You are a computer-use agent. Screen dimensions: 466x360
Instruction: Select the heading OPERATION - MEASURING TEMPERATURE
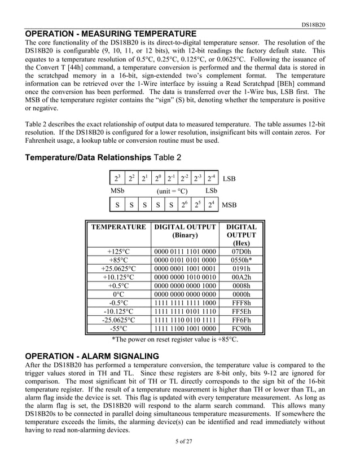(x=111, y=34)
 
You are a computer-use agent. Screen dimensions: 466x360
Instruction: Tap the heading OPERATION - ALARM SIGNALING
(x=92, y=356)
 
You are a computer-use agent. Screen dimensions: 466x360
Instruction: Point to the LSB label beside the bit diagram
(x=229, y=179)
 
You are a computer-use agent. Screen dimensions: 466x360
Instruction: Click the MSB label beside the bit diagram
(x=230, y=205)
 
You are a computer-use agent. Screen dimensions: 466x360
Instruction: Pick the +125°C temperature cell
(x=118, y=250)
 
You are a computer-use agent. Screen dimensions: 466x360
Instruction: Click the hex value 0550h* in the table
(x=241, y=260)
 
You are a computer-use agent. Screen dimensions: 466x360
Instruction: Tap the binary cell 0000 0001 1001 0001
(x=185, y=270)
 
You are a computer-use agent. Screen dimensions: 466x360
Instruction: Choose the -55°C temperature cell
(x=118, y=328)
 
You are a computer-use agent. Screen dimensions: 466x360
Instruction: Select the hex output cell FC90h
(x=241, y=328)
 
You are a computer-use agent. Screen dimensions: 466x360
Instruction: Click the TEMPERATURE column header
(x=118, y=227)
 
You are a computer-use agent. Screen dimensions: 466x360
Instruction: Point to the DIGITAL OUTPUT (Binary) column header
(x=185, y=231)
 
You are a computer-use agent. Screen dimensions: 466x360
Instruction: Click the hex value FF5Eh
(x=241, y=308)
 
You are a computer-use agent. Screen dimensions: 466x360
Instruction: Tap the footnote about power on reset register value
(x=174, y=340)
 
